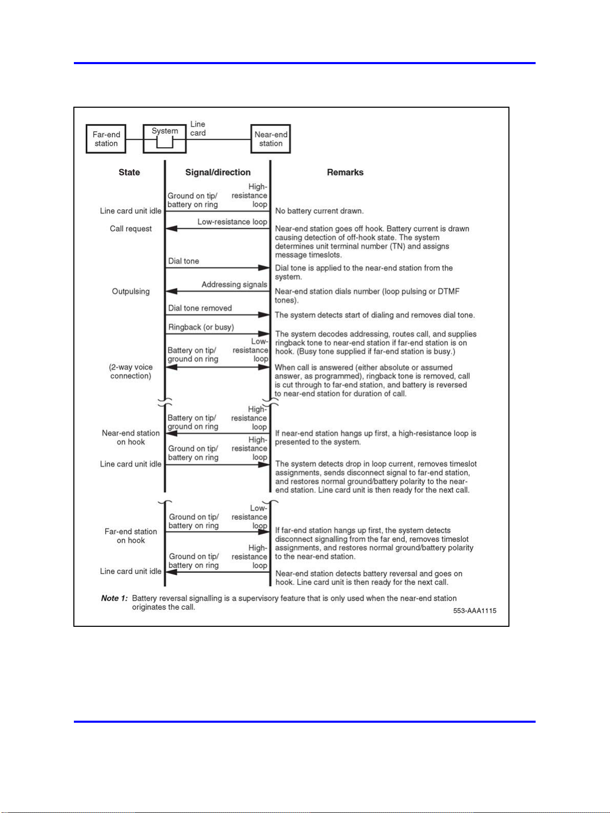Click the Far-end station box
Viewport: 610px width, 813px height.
tap(106, 139)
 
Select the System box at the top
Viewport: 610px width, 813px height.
tap(164, 138)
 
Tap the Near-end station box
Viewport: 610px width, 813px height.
tap(271, 139)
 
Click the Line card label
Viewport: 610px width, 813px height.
tap(198, 129)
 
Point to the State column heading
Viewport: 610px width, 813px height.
tap(129, 172)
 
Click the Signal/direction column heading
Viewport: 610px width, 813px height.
tap(218, 172)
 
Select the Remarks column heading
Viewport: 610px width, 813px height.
tap(345, 172)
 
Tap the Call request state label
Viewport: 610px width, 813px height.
tap(131, 229)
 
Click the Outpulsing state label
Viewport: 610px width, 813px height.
tap(131, 291)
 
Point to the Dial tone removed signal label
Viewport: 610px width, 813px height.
tap(200, 308)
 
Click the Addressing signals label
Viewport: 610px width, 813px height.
tap(234, 285)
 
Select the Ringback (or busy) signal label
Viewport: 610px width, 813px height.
tap(201, 327)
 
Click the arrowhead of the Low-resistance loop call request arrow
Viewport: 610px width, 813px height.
tap(171, 229)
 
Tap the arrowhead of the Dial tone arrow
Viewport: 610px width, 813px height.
tap(264, 268)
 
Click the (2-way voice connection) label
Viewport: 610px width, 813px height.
tap(131, 371)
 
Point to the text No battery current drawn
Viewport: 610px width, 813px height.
tap(319, 211)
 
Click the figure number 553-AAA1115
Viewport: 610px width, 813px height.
tap(475, 610)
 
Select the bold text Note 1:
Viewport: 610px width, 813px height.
tap(114, 598)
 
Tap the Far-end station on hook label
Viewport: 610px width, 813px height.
tap(131, 536)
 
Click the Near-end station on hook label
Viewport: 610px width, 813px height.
tap(131, 438)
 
